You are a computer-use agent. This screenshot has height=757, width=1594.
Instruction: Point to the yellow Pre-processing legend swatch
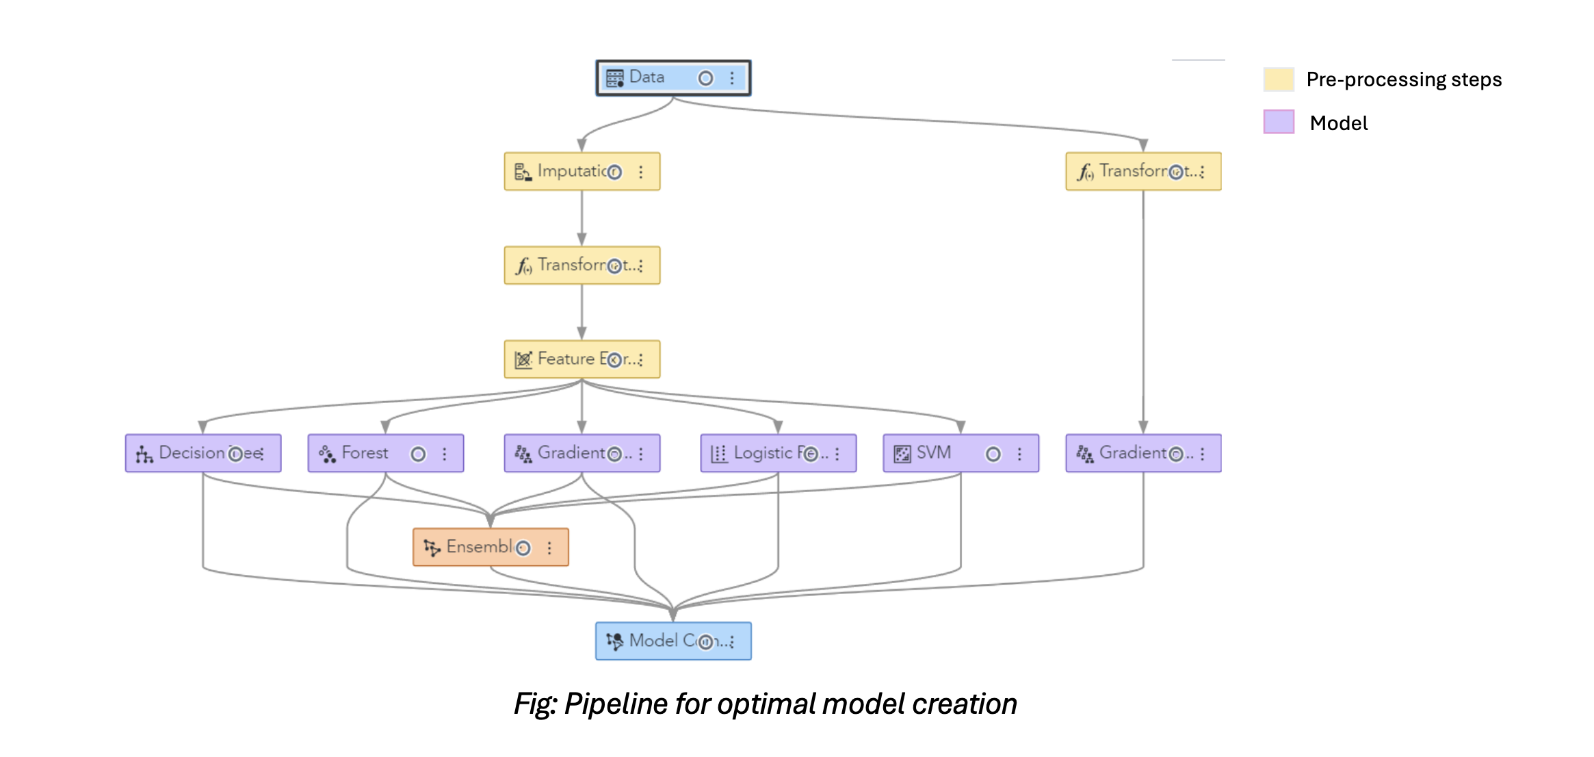[1278, 79]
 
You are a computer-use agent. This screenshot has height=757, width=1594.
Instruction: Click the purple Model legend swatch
[1278, 122]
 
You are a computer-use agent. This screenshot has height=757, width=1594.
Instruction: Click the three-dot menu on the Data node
[732, 78]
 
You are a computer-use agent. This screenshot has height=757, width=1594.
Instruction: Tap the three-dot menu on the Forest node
[445, 454]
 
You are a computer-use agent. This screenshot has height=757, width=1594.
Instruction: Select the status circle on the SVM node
[993, 454]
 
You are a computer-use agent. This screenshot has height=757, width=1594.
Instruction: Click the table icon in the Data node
[615, 78]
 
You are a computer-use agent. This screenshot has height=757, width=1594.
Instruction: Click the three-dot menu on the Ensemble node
[549, 548]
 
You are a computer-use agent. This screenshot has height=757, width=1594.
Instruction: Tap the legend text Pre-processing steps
[1404, 79]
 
